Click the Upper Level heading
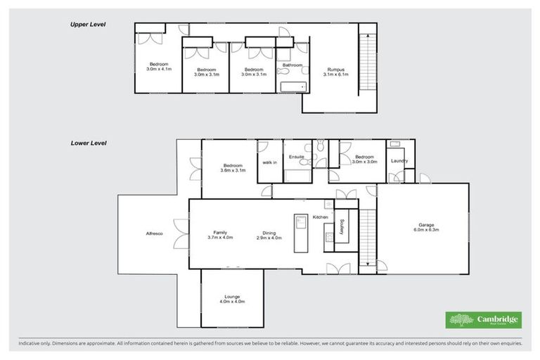click(x=87, y=24)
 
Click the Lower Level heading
click(x=88, y=143)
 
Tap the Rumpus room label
click(x=335, y=70)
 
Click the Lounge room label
click(x=233, y=297)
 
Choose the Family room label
click(x=220, y=233)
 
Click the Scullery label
click(x=341, y=226)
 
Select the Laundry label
click(x=399, y=162)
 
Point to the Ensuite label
click(x=296, y=157)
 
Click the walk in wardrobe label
click(x=269, y=162)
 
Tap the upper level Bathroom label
click(x=292, y=65)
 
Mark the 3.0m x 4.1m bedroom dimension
click(x=158, y=70)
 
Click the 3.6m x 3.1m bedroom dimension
click(x=233, y=169)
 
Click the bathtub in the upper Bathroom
click(x=292, y=86)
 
